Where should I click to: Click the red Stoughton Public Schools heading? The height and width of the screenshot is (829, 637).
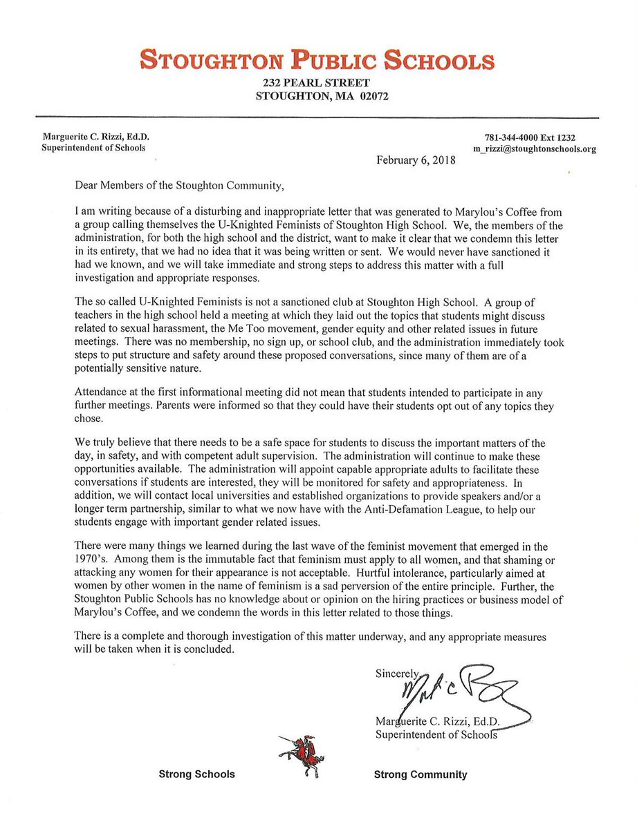318,61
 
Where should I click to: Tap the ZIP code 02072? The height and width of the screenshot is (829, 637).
374,97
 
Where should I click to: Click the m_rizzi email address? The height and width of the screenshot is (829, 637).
543,149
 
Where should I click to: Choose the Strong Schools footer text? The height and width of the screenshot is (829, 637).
197,774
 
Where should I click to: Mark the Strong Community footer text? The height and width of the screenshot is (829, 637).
421,774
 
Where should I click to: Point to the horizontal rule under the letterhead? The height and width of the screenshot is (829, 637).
318,115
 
